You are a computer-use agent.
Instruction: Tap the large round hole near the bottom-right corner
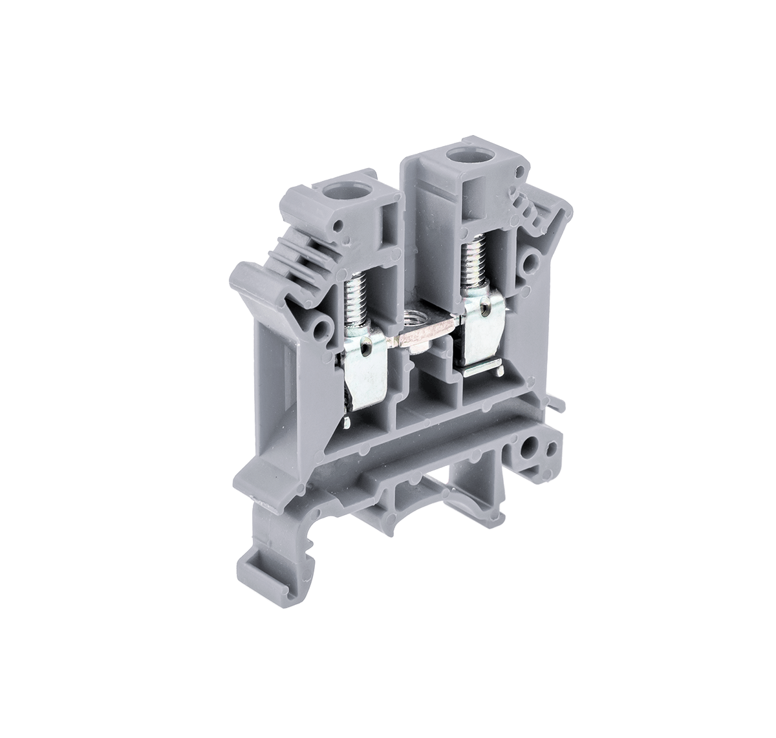pyautogui.click(x=533, y=446)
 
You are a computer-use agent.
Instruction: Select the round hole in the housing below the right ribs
pyautogui.click(x=532, y=261)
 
